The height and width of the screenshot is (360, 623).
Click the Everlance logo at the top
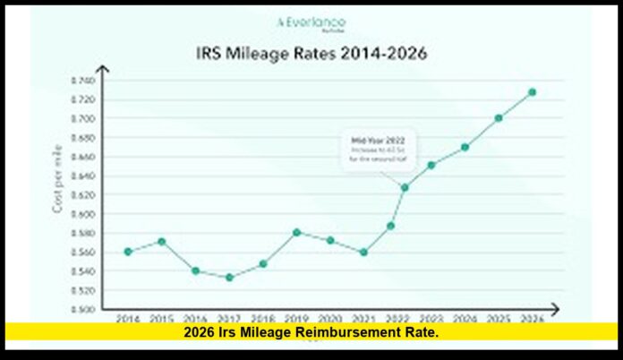[311, 22]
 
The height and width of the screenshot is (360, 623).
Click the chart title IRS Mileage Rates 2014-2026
[311, 53]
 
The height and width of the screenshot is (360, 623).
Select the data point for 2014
[128, 252]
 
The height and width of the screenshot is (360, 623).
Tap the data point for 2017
[229, 278]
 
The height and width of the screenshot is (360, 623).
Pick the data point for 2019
[296, 232]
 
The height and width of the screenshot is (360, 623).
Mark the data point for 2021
[363, 253]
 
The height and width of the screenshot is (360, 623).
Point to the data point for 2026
[532, 92]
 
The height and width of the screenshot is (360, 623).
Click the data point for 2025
[498, 118]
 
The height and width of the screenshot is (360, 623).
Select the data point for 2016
[195, 270]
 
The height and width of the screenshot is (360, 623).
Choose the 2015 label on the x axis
[161, 318]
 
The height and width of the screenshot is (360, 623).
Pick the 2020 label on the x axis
[329, 318]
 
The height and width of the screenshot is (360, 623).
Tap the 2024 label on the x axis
[464, 318]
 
